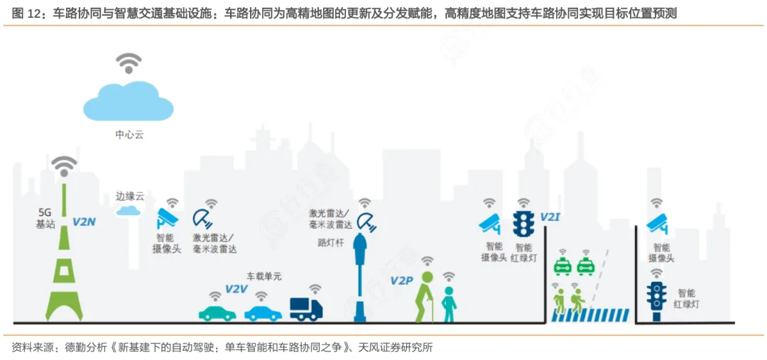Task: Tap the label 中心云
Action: click(x=129, y=135)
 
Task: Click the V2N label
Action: click(x=84, y=222)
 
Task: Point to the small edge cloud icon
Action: click(x=129, y=210)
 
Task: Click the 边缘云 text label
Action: click(x=130, y=195)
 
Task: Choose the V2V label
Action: click(x=236, y=288)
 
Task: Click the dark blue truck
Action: click(x=306, y=309)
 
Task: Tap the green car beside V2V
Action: click(x=217, y=312)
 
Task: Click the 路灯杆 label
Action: click(x=330, y=241)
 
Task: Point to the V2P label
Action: click(x=401, y=280)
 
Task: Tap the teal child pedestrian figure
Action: click(x=449, y=302)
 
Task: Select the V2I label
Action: click(x=550, y=216)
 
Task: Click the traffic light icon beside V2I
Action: click(x=523, y=224)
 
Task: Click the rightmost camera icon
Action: click(x=657, y=223)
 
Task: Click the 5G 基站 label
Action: click(x=45, y=219)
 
